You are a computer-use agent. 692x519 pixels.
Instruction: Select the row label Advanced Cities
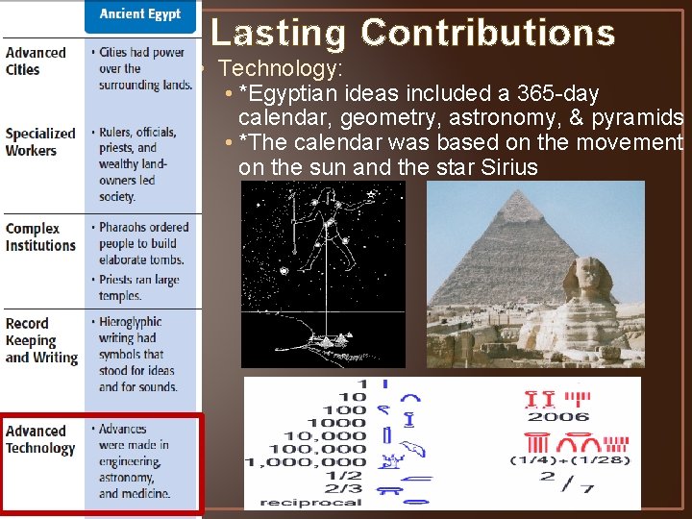click(37, 62)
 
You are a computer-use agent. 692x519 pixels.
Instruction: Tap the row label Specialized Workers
click(40, 142)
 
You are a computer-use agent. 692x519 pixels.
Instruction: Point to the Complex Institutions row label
click(40, 237)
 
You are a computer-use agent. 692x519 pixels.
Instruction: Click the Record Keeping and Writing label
click(41, 341)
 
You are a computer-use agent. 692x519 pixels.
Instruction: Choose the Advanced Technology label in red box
click(40, 440)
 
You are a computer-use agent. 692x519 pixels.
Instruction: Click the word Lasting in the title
click(278, 34)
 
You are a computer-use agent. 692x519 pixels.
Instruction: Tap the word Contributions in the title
click(487, 34)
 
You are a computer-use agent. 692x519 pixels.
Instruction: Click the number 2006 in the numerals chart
click(558, 417)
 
